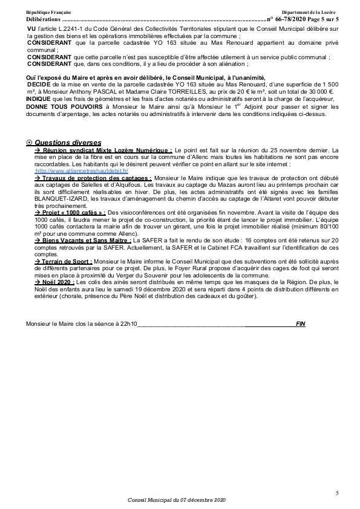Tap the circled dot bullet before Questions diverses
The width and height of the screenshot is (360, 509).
pyautogui.click(x=30, y=142)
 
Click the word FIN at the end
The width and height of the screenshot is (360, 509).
pyautogui.click(x=300, y=323)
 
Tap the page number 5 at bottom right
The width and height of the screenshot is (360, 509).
pyautogui.click(x=336, y=494)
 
